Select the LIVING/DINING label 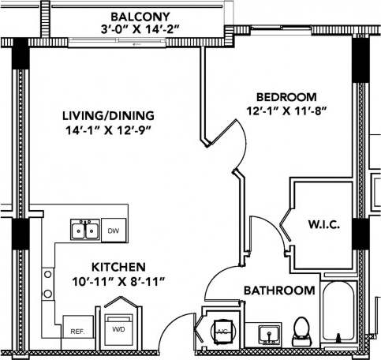(x=109, y=116)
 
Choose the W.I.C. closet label (x=323, y=226)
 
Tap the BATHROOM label (x=278, y=291)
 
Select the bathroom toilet (x=301, y=329)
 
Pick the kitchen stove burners (x=48, y=285)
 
